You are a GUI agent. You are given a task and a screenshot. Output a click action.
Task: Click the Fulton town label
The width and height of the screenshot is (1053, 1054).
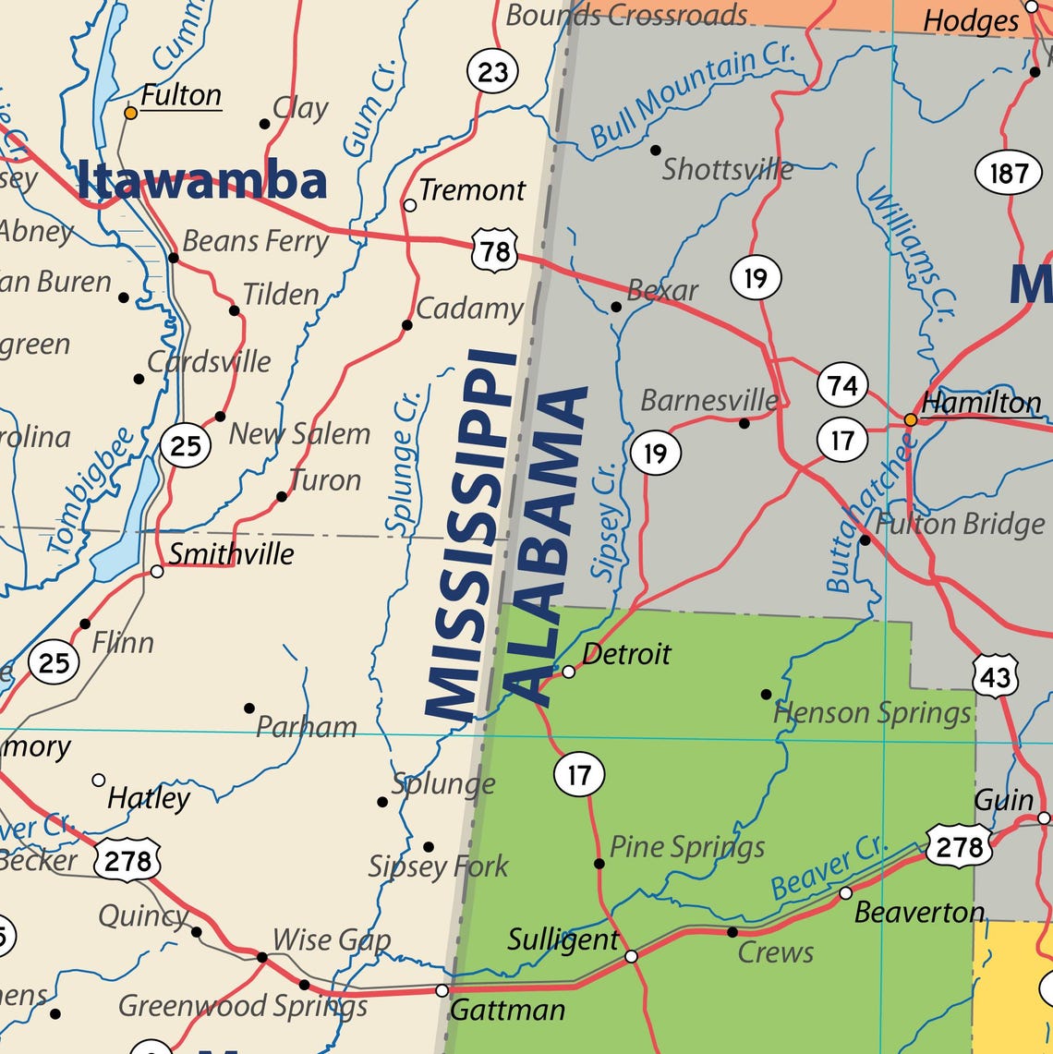pos(181,95)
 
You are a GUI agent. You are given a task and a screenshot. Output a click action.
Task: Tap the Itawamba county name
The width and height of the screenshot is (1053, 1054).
pos(202,180)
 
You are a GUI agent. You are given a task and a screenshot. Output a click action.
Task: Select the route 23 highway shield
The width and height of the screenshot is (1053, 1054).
pos(492,71)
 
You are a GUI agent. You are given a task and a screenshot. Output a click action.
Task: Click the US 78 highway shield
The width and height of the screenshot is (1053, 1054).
pos(494,251)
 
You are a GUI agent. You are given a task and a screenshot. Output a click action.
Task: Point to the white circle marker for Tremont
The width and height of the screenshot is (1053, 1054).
pos(410,205)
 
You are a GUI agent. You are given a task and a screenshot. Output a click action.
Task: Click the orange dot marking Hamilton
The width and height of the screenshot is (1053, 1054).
pos(910,419)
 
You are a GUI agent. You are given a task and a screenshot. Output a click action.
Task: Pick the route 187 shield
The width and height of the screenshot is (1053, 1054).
pos(1008,173)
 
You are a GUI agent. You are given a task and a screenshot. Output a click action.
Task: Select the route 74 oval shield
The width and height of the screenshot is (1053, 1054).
pos(842,384)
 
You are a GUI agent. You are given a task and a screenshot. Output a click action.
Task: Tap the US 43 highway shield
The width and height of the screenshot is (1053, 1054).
pos(995,677)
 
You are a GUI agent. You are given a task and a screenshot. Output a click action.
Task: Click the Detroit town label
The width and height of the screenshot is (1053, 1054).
pos(626,654)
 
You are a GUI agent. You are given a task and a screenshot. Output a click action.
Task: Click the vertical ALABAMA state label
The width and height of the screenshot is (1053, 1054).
pos(548,545)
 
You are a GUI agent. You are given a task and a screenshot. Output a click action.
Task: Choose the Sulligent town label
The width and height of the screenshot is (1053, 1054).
pos(563,940)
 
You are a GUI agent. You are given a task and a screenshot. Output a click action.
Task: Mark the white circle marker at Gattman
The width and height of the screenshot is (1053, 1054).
pos(442,990)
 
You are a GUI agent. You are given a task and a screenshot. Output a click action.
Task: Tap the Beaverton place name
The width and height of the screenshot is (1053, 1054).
pos(919,913)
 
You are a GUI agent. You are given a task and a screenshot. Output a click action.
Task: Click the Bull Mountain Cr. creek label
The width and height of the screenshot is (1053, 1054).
pos(692,94)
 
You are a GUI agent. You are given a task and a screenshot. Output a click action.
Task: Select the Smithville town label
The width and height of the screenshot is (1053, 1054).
pos(231,554)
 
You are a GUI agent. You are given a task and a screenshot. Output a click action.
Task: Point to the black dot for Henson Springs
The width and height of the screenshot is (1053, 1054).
pos(766,694)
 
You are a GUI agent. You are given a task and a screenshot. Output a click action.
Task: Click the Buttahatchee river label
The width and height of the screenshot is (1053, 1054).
pos(869,513)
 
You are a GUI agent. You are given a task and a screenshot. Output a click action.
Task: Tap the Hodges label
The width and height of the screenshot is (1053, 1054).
pos(971,20)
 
